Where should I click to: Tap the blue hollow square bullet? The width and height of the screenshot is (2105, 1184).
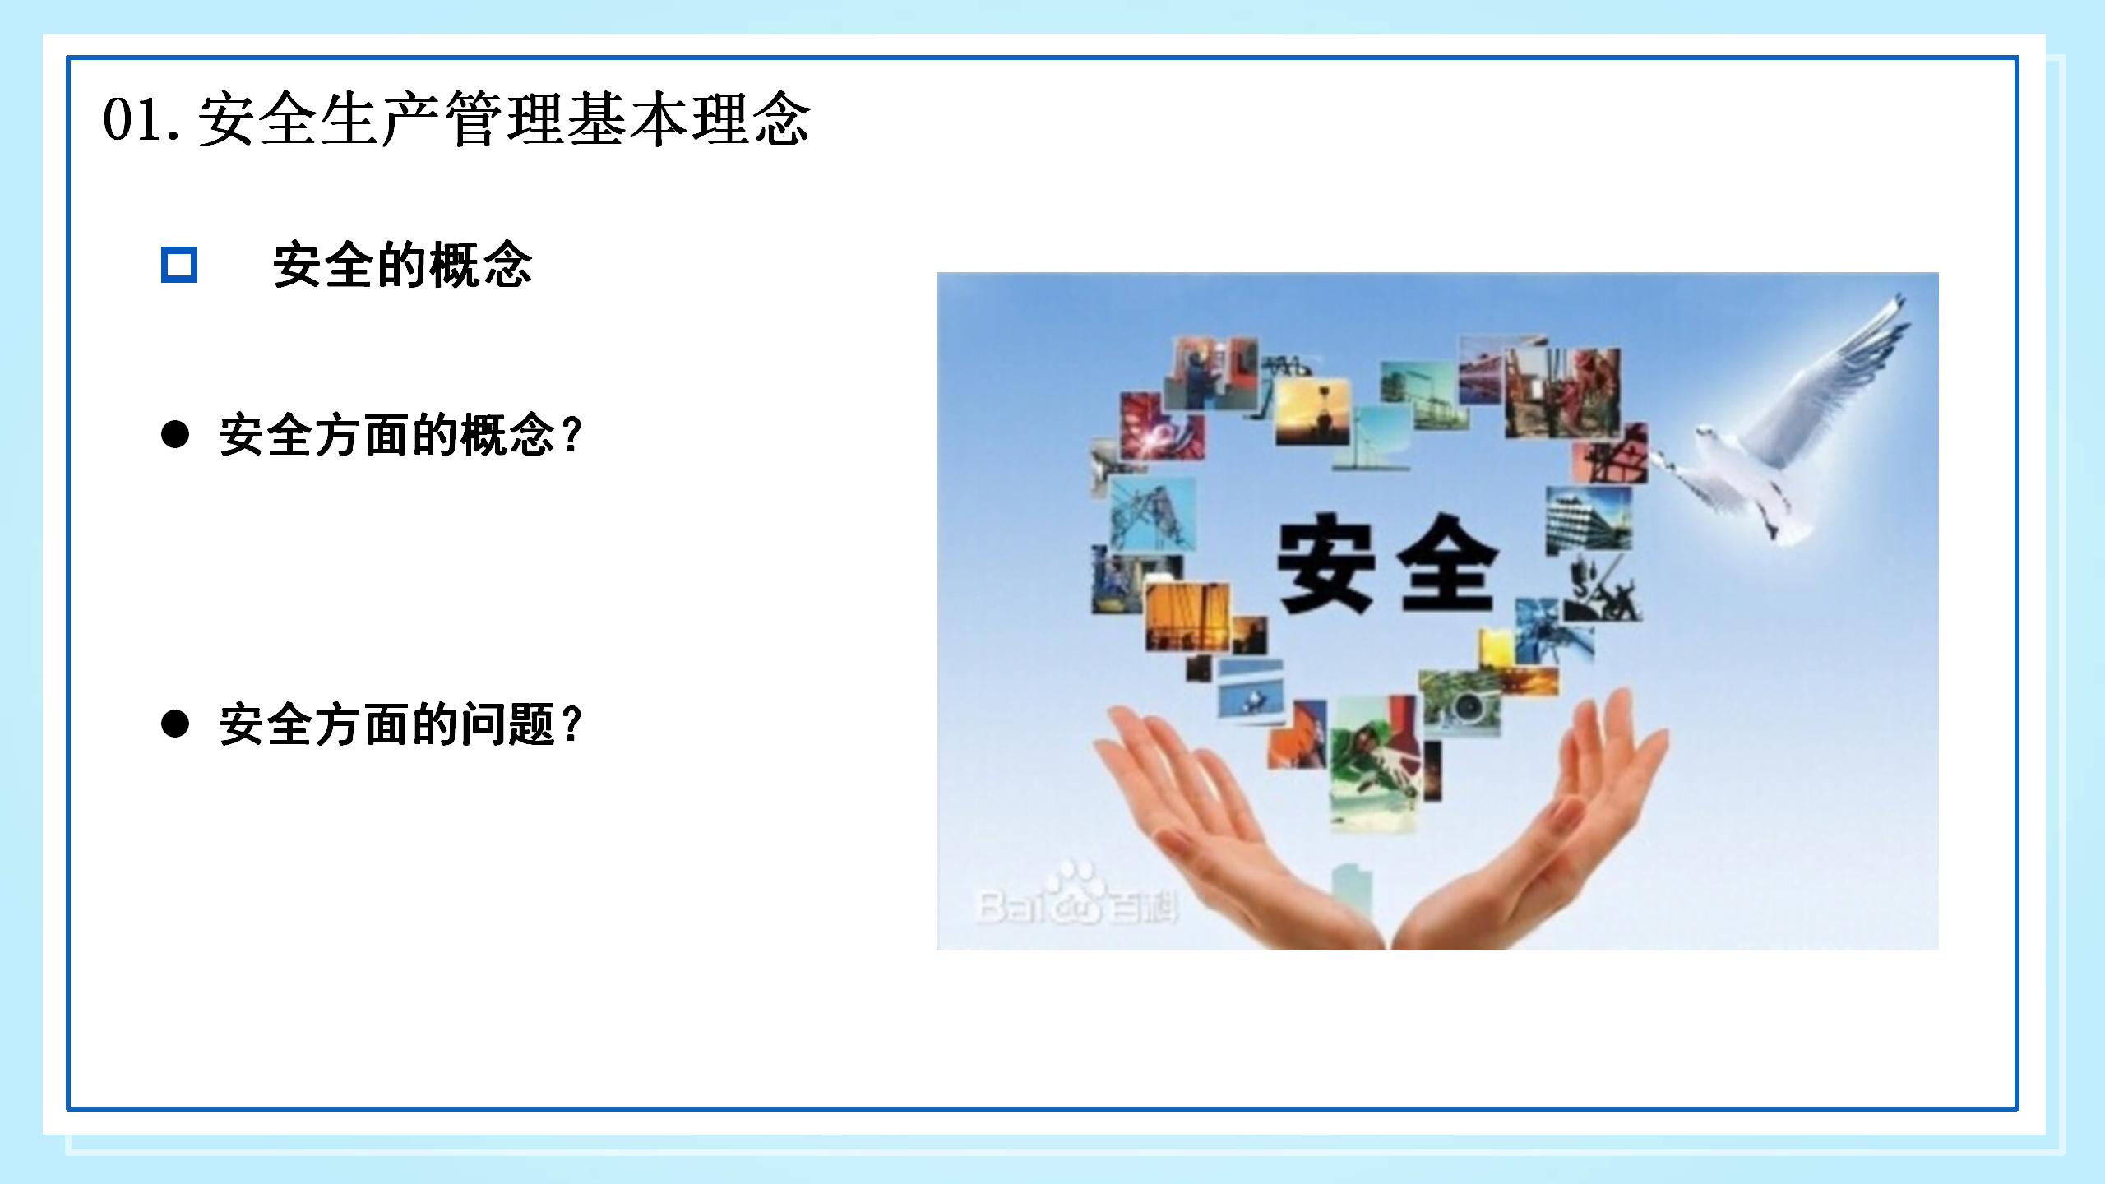click(x=179, y=265)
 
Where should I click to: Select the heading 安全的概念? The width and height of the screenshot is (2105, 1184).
click(x=402, y=265)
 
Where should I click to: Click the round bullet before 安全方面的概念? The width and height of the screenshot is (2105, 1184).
click(x=175, y=434)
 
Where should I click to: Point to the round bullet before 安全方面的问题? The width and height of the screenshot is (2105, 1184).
click(x=175, y=724)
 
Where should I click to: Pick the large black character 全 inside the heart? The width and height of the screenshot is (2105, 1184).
click(x=1447, y=564)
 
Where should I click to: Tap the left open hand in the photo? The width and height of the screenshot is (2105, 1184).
click(x=1233, y=822)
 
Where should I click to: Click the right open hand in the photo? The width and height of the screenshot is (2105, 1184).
click(x=1529, y=822)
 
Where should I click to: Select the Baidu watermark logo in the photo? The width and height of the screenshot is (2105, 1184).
click(x=1077, y=896)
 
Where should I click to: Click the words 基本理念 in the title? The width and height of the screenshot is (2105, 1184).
click(x=689, y=120)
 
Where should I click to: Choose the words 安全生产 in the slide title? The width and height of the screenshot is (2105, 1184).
click(x=321, y=120)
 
